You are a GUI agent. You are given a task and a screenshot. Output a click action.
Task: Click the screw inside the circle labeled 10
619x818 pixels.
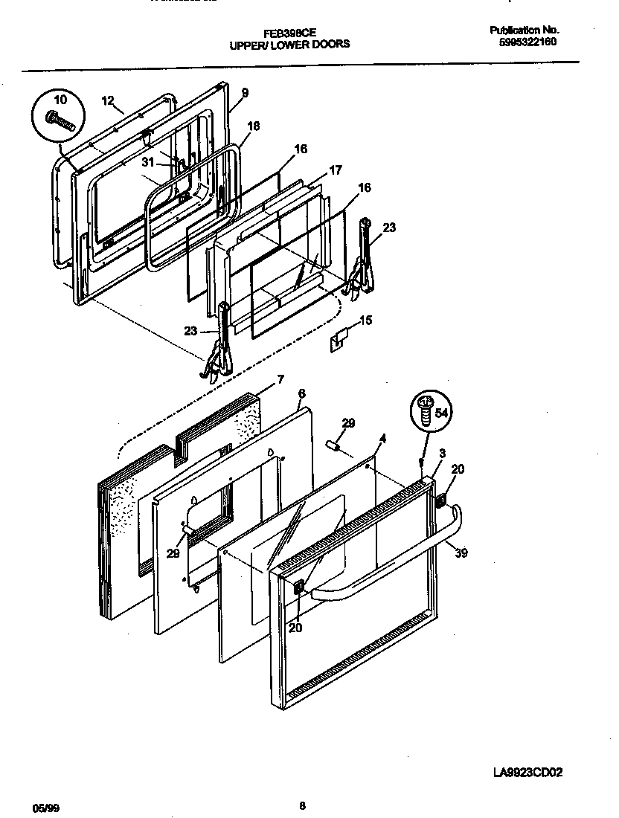pyautogui.click(x=61, y=120)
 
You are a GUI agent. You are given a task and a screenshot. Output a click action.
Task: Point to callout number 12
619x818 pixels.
pyautogui.click(x=108, y=100)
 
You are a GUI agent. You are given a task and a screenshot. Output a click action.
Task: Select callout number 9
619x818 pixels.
pyautogui.click(x=245, y=93)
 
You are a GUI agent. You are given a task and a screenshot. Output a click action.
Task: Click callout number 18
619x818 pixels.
pyautogui.click(x=254, y=126)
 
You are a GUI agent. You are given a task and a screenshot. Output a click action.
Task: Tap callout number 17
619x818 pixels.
pyautogui.click(x=335, y=170)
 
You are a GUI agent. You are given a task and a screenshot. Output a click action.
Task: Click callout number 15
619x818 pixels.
pyautogui.click(x=365, y=321)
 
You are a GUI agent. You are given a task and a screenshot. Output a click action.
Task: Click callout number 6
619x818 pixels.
pyautogui.click(x=301, y=393)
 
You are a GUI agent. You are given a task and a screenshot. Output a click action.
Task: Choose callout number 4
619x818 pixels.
pyautogui.click(x=382, y=439)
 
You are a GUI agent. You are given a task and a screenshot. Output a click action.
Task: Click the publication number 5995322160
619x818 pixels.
pyautogui.click(x=527, y=42)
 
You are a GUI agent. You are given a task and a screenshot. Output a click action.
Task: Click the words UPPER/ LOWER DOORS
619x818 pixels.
pyautogui.click(x=289, y=45)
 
